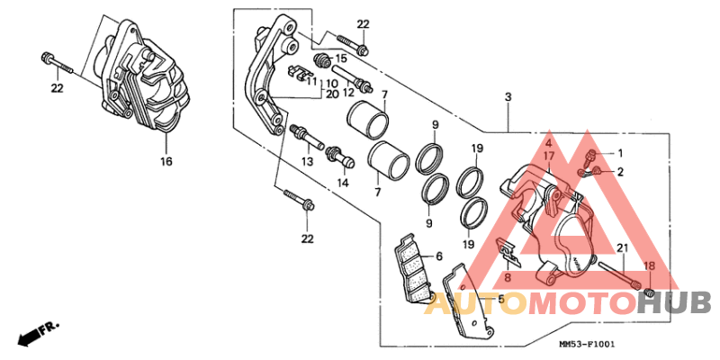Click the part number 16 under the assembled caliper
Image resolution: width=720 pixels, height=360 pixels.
tap(166, 162)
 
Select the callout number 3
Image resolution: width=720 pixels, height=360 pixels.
tap(508, 96)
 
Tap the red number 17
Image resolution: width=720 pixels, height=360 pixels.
tap(548, 156)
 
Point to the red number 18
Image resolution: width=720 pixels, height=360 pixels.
tap(648, 266)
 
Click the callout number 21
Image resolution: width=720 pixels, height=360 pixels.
tap(621, 247)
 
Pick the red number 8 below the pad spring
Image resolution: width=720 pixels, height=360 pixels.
tap(508, 278)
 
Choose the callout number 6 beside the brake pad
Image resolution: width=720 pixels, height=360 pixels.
tap(438, 256)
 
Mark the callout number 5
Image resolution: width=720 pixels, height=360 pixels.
tap(501, 298)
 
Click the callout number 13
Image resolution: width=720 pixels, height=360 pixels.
tap(307, 162)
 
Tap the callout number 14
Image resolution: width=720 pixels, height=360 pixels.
tap(342, 183)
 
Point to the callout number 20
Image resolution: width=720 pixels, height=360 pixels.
tap(331, 94)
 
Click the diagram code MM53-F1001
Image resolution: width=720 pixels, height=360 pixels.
tap(587, 345)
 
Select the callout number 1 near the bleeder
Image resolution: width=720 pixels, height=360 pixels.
tap(619, 153)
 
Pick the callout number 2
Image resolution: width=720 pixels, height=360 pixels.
tap(619, 171)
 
